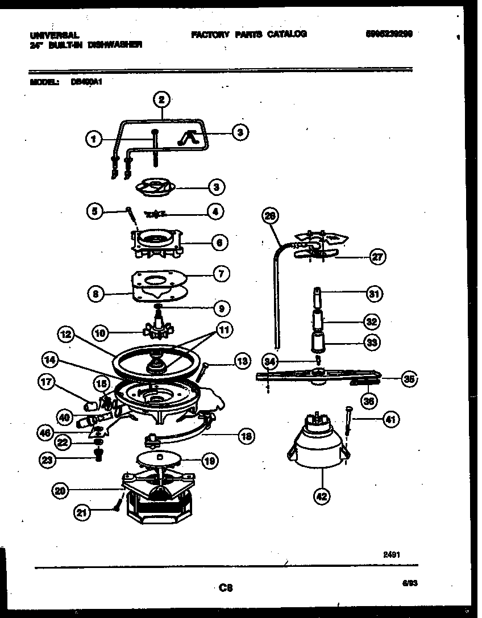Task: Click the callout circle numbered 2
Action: (x=161, y=100)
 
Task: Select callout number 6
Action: (x=219, y=243)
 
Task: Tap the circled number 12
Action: (x=67, y=335)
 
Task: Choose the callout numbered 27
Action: (x=377, y=257)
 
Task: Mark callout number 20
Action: (x=60, y=490)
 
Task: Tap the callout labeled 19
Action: (x=210, y=461)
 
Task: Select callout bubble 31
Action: (x=373, y=294)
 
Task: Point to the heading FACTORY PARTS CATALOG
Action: (x=249, y=34)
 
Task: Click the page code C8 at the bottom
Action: (x=226, y=588)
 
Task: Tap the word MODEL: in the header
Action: (x=43, y=81)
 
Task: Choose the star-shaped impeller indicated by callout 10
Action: (x=156, y=331)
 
